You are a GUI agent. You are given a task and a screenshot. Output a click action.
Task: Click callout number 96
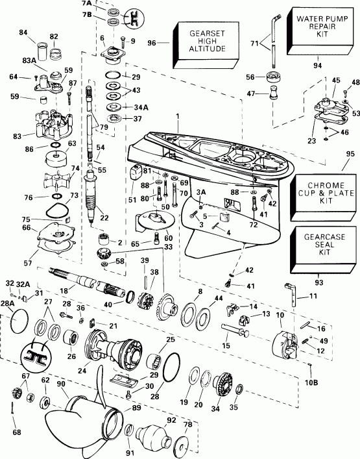(152, 44)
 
